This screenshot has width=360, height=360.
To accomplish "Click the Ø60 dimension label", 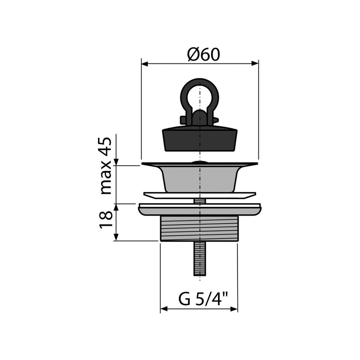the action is tap(204, 55).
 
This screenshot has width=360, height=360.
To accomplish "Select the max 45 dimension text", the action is tap(106, 166).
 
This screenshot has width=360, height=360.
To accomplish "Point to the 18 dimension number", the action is tap(106, 220).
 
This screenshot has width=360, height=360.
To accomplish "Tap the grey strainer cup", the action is tap(200, 179).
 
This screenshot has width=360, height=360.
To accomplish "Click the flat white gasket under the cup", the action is tap(200, 195).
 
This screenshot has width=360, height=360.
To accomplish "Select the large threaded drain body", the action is tap(199, 229).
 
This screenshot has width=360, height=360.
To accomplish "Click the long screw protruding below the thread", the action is tap(200, 258).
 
